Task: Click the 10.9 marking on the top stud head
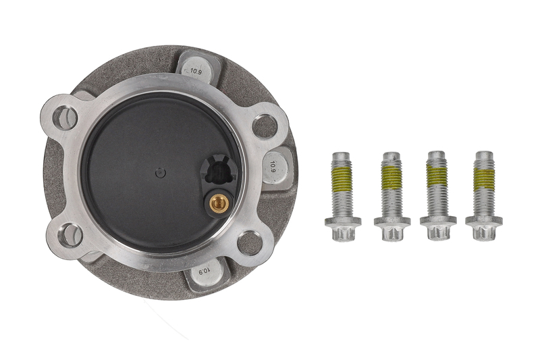click(x=196, y=72)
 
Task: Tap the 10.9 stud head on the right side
click(x=275, y=167)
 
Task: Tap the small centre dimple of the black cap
click(x=161, y=172)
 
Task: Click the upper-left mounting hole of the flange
click(x=65, y=118)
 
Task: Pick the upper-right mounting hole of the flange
click(x=265, y=126)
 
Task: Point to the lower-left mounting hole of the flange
click(x=71, y=235)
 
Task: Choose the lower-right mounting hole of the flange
click(x=250, y=243)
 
